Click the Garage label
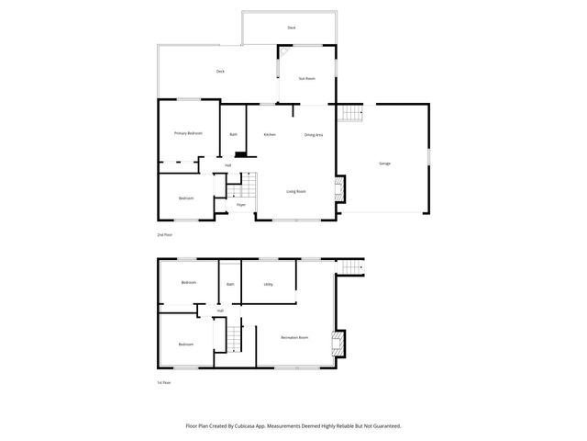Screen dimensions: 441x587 point(384,164)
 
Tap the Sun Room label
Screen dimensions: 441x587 point(306,79)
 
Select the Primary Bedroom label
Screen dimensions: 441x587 point(188,133)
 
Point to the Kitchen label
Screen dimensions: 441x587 point(270,135)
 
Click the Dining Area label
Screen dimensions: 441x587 point(313,135)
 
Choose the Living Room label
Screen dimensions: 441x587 point(295,191)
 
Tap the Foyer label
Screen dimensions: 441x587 point(240,205)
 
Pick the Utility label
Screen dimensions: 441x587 point(268,285)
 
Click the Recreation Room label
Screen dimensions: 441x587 point(294,338)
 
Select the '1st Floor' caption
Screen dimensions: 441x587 point(163,381)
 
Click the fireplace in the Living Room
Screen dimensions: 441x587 point(338,190)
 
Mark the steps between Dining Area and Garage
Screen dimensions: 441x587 point(351,114)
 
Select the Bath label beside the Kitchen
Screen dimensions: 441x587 point(234,135)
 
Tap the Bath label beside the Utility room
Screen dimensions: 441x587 point(230,285)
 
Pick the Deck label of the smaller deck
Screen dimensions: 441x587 point(291,28)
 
